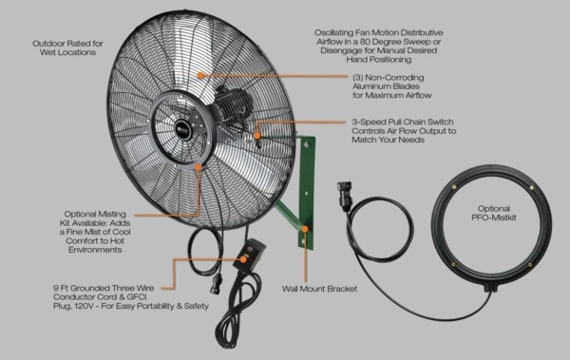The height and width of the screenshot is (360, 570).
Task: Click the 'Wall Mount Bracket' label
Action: [319, 289]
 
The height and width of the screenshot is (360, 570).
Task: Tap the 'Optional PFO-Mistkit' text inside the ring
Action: [494, 213]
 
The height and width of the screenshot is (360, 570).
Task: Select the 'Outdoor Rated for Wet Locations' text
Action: [68, 47]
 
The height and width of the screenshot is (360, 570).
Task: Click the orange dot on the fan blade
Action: [200, 75]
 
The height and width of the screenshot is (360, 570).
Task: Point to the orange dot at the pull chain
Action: [257, 136]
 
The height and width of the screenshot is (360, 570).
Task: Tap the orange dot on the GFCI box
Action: [243, 259]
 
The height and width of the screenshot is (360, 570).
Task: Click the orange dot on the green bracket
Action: [305, 229]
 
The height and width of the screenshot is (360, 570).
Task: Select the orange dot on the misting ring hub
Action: [198, 167]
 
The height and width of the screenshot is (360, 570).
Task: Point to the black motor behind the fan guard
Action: [232, 104]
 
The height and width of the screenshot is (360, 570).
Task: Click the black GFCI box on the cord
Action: [249, 257]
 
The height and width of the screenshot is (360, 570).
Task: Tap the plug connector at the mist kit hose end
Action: [345, 194]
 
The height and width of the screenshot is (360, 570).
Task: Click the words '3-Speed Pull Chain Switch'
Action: [403, 122]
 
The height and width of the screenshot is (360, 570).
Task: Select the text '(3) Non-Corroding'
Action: [388, 78]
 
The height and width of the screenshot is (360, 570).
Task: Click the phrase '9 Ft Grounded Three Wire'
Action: [104, 288]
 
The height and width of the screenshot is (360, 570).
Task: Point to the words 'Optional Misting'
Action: [95, 214]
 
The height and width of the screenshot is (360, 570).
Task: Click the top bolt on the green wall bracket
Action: [307, 144]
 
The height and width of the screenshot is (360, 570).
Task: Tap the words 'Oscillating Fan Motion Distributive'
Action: [379, 32]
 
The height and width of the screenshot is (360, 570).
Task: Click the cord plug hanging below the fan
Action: [217, 284]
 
